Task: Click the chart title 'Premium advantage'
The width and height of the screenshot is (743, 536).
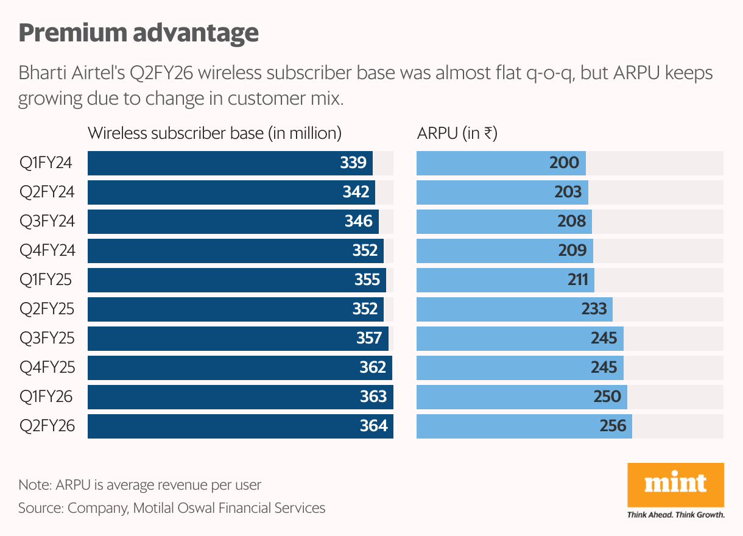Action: coord(139,33)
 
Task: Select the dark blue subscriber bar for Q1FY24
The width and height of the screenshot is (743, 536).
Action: coord(213,163)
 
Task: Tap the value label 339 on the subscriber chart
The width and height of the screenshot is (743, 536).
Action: coord(353,163)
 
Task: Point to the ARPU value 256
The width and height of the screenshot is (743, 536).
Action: coord(613,426)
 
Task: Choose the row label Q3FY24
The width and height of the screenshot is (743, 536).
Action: coord(47,221)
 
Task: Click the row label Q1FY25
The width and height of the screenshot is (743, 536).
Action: coord(46,280)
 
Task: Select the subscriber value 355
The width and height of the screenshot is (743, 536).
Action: coord(367,280)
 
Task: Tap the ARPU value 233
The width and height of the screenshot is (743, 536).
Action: coord(593,309)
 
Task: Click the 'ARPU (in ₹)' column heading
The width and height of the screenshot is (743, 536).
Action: coord(457,133)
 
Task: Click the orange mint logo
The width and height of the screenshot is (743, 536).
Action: coord(675,485)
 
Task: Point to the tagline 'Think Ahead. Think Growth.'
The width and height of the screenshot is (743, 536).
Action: coord(675,515)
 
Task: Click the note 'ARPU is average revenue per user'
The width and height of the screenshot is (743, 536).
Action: coord(139,485)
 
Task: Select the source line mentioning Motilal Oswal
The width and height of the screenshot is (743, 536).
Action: coord(172,507)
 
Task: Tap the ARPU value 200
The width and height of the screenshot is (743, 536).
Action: coord(564,163)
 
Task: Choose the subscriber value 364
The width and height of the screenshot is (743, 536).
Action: coord(373,426)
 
